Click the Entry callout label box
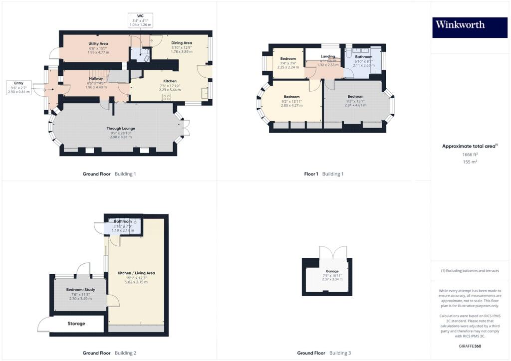[x=18, y=87]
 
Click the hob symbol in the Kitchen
[x=166, y=97]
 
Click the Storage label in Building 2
[x=76, y=324]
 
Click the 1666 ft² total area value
[x=471, y=155]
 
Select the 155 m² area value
[x=470, y=162]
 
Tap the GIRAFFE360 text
[x=470, y=346]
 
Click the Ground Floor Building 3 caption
[x=324, y=353]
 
